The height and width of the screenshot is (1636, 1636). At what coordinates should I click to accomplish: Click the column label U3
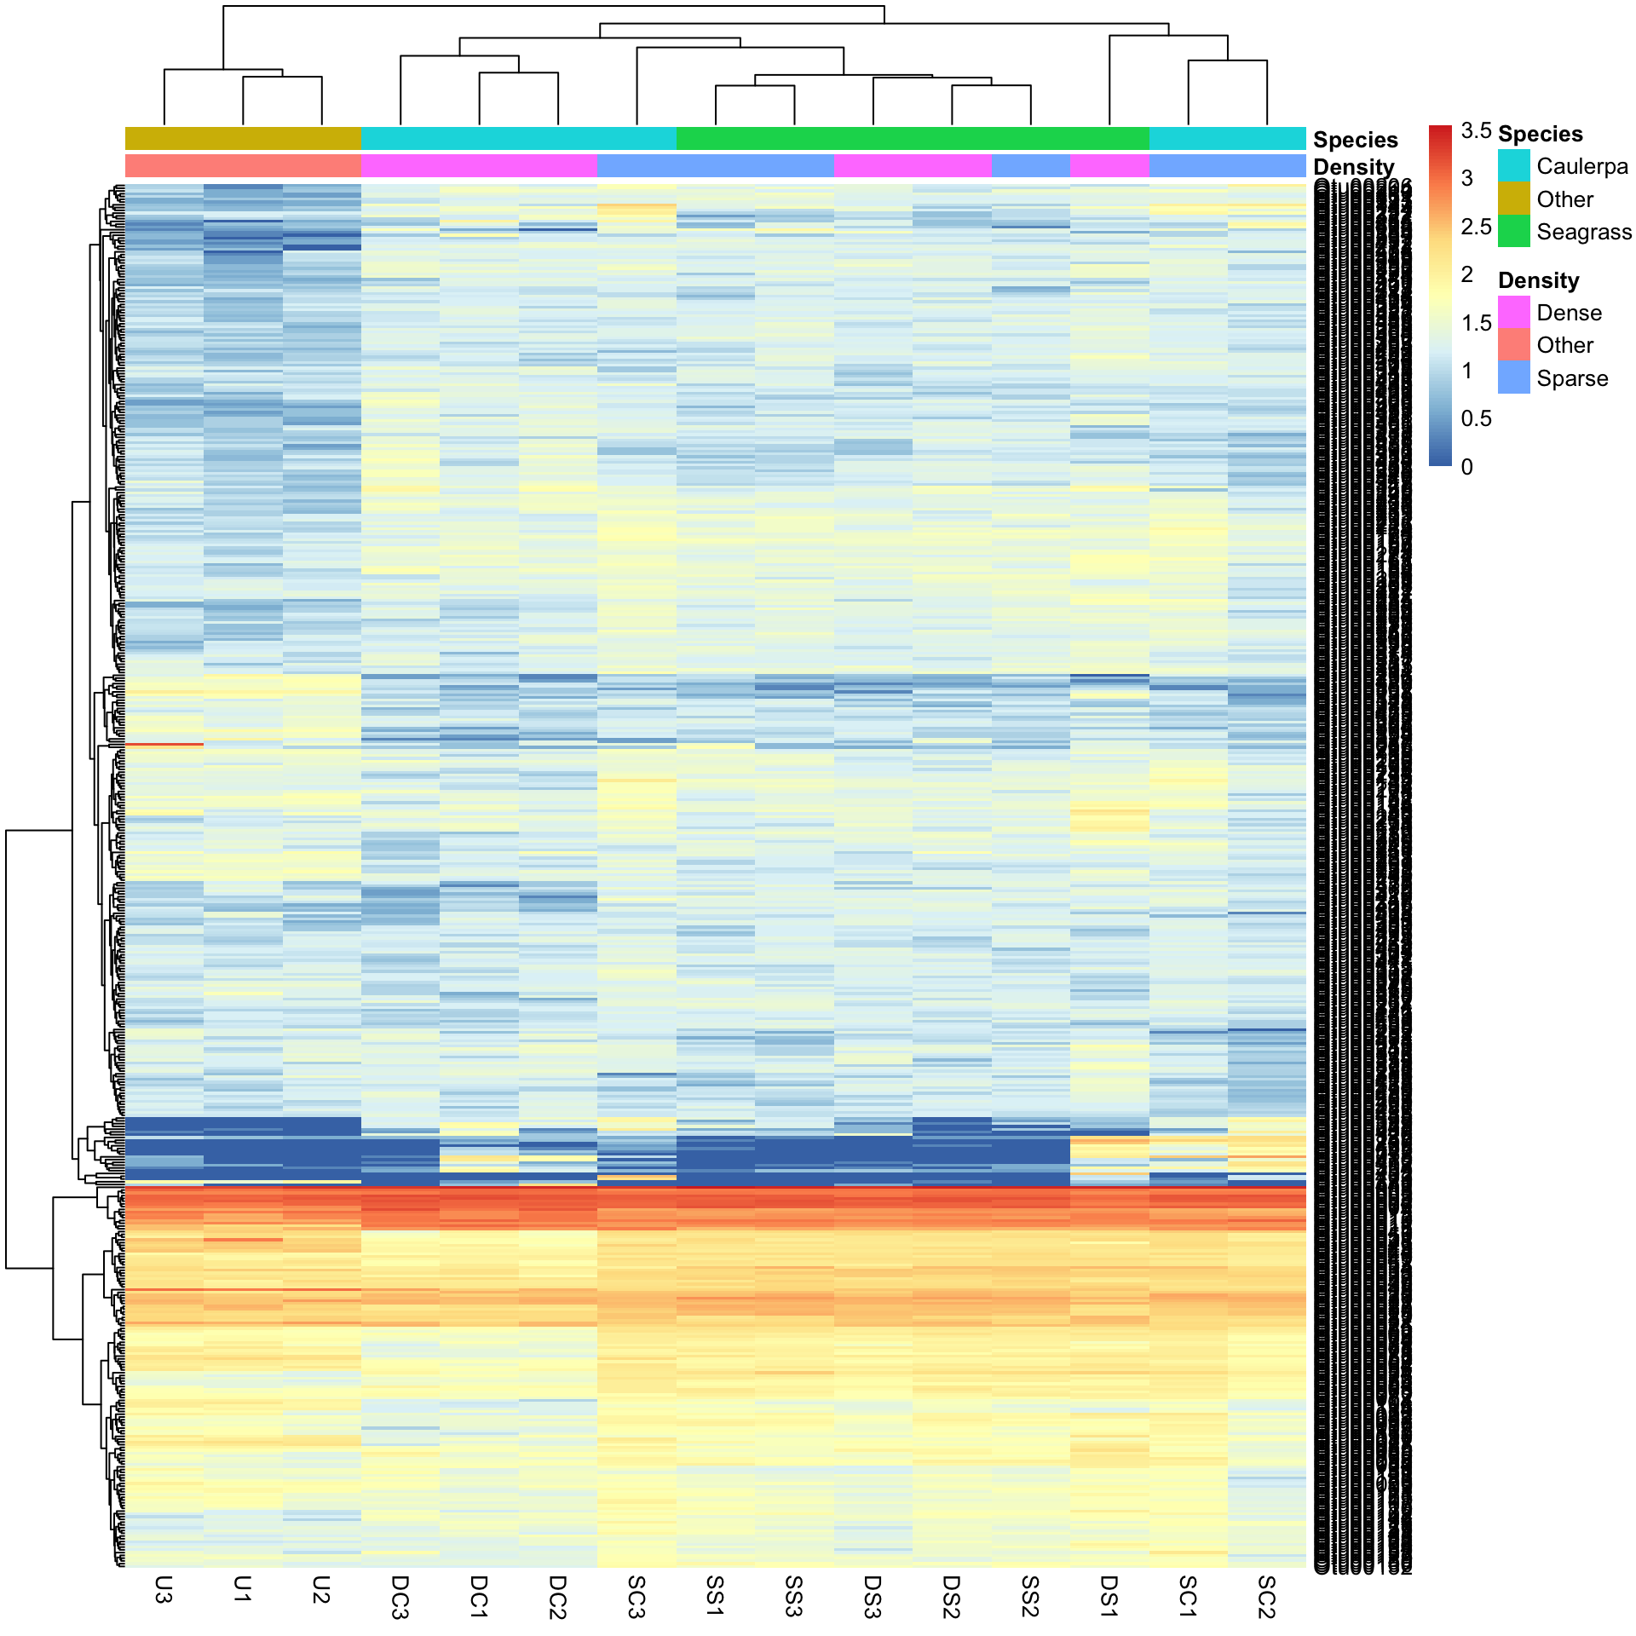point(164,1589)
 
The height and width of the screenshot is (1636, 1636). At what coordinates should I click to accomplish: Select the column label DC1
point(479,1596)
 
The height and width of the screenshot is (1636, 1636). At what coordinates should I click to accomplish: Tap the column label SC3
point(637,1596)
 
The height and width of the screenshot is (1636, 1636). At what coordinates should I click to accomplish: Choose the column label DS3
point(873,1596)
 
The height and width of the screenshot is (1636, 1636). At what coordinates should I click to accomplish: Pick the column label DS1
point(1109,1595)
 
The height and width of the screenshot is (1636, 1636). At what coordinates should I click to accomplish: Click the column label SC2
point(1266,1596)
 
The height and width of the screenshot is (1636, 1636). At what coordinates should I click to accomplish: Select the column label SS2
point(1030,1596)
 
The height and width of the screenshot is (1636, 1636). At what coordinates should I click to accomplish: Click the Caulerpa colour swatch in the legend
point(1513,166)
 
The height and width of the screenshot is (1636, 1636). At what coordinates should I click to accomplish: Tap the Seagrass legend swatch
point(1513,232)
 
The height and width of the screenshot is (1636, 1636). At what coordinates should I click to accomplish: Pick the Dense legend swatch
point(1513,313)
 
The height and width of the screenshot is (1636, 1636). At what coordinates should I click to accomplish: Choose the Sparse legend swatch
point(1513,377)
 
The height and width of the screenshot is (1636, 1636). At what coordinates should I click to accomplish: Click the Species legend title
point(1540,134)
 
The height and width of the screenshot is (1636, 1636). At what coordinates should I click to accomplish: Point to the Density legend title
point(1538,280)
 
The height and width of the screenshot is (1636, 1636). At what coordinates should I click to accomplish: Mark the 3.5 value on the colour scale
point(1476,130)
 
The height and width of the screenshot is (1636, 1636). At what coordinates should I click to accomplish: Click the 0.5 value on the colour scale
point(1476,418)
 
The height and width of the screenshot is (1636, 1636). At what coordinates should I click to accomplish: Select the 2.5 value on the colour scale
point(1476,227)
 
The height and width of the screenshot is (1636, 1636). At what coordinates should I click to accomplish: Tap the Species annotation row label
point(1355,140)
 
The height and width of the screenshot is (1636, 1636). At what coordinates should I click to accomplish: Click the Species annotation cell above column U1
point(243,138)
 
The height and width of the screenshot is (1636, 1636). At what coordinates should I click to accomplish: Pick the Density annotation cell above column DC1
point(479,165)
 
